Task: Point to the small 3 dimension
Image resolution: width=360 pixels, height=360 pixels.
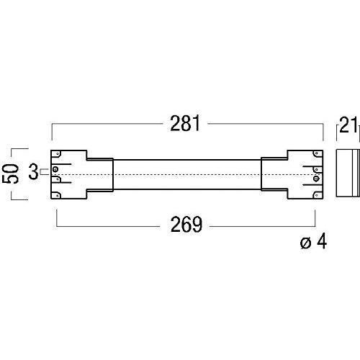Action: coord(32,171)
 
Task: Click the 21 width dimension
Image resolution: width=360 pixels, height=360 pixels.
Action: coord(348,127)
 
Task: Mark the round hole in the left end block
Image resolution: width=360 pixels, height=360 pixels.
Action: coord(55,171)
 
